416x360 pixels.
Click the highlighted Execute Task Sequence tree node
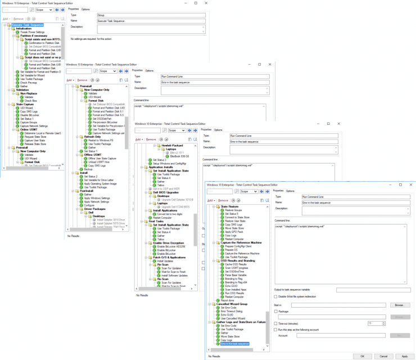(27, 25)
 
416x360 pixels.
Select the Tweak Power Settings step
(32, 32)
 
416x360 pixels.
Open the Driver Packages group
(96, 209)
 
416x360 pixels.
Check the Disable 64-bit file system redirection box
(276, 296)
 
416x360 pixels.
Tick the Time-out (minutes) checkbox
(276, 323)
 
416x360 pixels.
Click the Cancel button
(383, 355)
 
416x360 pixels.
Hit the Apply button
(404, 355)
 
